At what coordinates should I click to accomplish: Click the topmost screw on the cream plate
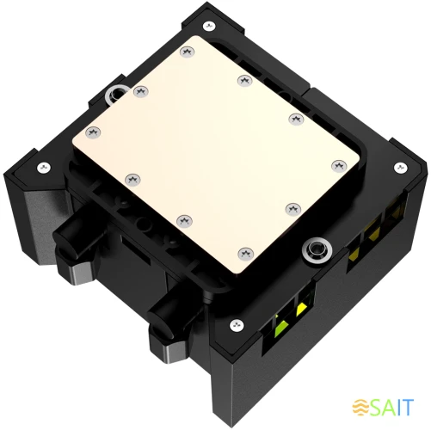pos(187,53)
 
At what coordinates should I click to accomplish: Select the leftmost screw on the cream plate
pos(93,131)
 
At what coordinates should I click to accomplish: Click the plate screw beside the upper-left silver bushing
pos(138,90)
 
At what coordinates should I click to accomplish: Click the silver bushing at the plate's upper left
pos(114,92)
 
